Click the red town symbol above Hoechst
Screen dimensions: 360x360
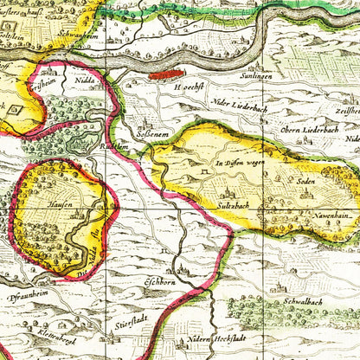point(166,76)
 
